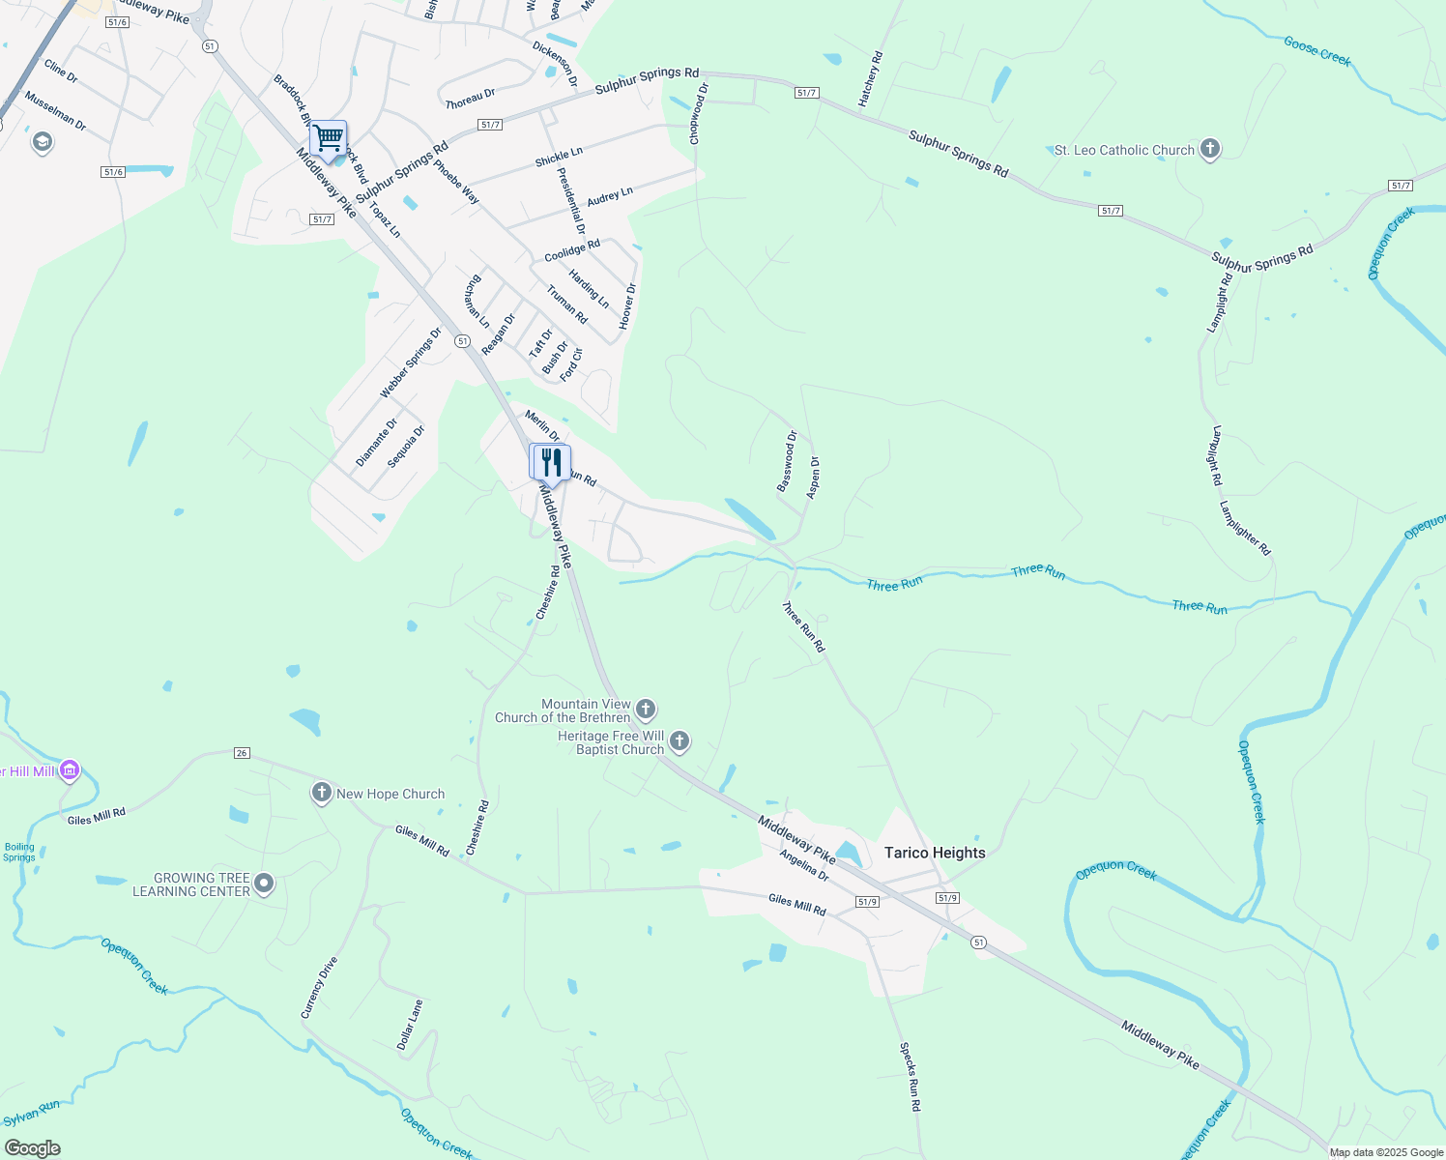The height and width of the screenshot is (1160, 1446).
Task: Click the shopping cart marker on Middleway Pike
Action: pos(329,139)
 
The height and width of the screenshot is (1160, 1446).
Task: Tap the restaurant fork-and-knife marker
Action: pos(551,463)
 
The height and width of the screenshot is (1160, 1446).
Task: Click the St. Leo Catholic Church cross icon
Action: pos(1209,150)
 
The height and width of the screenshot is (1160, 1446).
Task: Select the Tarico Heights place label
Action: pos(935,853)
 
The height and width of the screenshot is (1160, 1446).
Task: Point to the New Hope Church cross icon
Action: pos(322,794)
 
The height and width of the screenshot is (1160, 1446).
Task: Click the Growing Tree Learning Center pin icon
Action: pos(264,884)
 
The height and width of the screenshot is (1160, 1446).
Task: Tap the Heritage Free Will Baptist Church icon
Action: pos(680,742)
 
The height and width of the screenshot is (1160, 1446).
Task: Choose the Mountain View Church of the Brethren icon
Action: pos(646,710)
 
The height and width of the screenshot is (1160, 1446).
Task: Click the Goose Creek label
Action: pos(1316,50)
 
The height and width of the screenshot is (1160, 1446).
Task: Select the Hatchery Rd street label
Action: pos(871,80)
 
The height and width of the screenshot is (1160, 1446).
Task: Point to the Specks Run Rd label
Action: pos(910,1076)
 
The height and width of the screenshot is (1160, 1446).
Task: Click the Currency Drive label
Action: pos(319,987)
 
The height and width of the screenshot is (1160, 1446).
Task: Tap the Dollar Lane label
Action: pos(410,1025)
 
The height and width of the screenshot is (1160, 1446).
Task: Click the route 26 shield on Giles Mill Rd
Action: pos(242,753)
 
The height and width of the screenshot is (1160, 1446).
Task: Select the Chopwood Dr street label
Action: pos(699,114)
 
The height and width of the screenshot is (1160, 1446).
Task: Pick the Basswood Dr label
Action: pos(787,461)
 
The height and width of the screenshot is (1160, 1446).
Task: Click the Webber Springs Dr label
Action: pos(410,362)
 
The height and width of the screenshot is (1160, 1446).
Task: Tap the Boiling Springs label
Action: pos(19,852)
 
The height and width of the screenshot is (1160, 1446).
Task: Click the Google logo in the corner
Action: pos(33,1148)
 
